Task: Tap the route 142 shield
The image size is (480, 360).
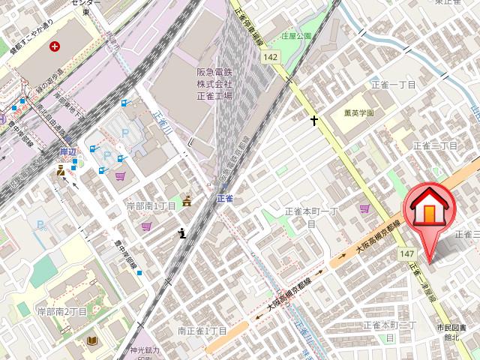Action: point(271,57)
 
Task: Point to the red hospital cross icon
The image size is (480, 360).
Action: point(54,46)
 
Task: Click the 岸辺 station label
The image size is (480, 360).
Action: point(68,151)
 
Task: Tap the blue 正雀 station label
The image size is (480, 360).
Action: point(225,199)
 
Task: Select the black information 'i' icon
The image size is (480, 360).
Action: point(182,234)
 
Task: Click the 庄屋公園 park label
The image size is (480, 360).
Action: point(295,36)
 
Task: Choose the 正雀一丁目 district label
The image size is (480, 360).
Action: point(393,85)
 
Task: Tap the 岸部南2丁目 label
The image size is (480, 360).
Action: point(63,310)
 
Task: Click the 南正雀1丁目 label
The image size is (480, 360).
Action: point(202,330)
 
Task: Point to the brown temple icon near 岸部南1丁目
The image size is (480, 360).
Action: point(187,199)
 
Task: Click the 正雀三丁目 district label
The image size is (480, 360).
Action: point(435,145)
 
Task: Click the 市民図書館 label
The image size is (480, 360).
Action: point(452,332)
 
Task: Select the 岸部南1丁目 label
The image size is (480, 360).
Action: point(151,205)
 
